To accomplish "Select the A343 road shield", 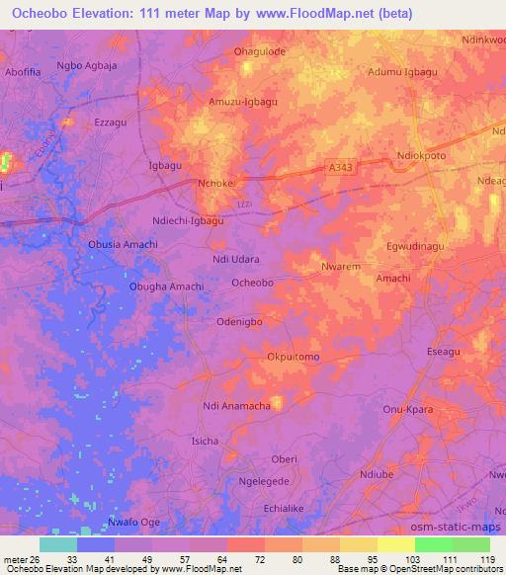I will (x=339, y=169).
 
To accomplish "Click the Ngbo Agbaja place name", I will (x=87, y=66).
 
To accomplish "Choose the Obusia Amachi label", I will (x=124, y=245).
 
